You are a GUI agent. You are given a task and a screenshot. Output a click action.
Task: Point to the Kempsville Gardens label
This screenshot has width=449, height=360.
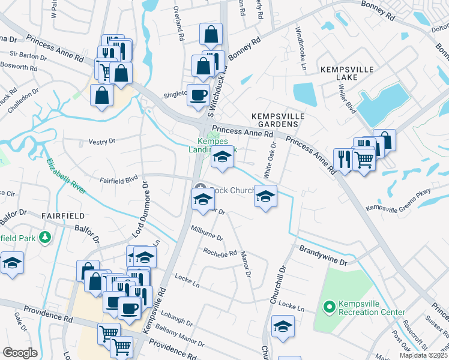tap(274, 119)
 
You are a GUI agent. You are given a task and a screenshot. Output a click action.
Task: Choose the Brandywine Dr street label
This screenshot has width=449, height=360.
tap(323, 255)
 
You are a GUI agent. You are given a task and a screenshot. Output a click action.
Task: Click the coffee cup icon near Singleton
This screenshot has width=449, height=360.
tap(198, 95)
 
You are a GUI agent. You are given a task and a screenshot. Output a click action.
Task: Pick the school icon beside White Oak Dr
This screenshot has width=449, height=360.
tap(265, 197)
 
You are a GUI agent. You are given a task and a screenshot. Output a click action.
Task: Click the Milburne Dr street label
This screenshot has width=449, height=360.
tap(206, 233)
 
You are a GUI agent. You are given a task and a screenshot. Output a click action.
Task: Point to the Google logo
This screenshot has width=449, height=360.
tap(20, 353)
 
